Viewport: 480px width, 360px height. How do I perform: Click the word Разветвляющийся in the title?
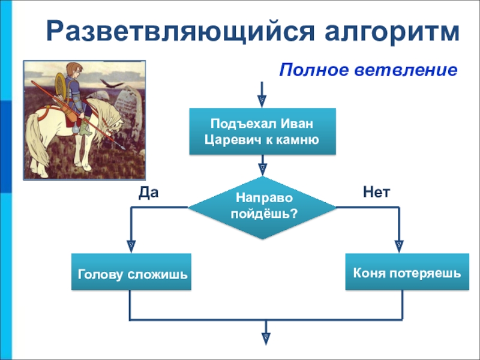(x=181, y=32)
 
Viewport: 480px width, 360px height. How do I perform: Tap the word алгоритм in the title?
(x=392, y=32)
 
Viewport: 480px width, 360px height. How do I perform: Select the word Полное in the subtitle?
(x=314, y=70)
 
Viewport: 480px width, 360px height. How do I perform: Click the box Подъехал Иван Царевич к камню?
(x=263, y=131)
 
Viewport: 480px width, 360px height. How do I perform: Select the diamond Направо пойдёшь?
(x=262, y=208)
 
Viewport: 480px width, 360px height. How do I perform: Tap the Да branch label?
(x=148, y=193)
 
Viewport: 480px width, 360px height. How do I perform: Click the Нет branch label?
(x=377, y=192)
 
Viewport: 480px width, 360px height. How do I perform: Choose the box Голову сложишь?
(x=131, y=272)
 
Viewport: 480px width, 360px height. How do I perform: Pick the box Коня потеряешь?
(x=407, y=272)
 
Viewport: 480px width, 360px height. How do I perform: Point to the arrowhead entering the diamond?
(x=262, y=170)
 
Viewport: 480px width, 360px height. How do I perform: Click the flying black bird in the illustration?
(x=111, y=83)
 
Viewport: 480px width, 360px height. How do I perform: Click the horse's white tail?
(x=36, y=140)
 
